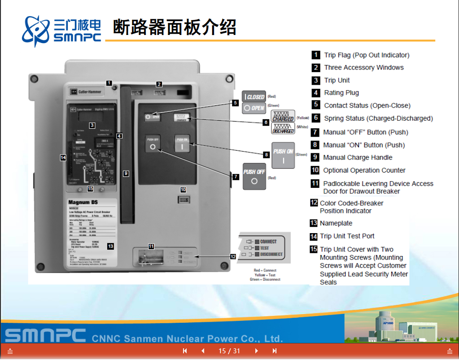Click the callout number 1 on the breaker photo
(109, 82)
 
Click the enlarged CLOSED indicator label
(254, 96)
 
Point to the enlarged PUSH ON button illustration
(283, 156)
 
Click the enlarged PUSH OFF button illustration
(254, 176)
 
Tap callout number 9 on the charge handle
(126, 173)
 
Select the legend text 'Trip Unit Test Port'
(347, 236)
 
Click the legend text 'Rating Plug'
(341, 93)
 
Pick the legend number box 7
(315, 132)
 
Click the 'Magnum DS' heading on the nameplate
(83, 203)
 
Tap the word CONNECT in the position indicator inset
(268, 242)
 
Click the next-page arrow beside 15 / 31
(257, 351)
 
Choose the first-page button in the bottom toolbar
(185, 351)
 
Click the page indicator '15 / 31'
(229, 351)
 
